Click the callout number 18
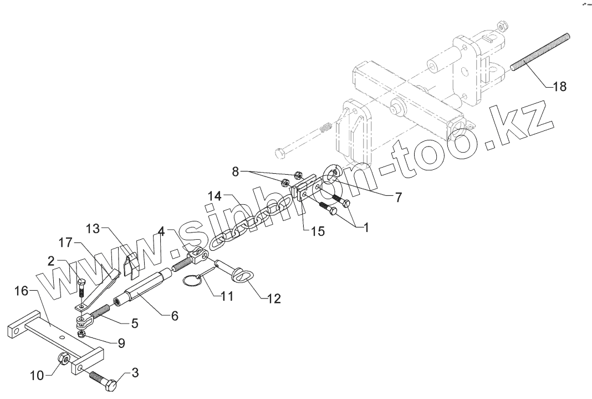pos(559,87)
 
